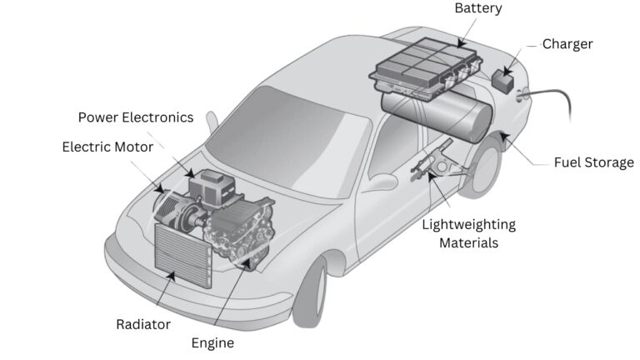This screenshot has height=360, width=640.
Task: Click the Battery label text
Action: (477, 8)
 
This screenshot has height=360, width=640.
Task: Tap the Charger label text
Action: (567, 43)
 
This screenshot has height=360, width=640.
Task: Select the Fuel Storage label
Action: (593, 162)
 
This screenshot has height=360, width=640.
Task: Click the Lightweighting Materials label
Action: (468, 233)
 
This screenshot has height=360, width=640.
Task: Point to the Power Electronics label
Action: (135, 117)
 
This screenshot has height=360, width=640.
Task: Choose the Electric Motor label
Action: (107, 147)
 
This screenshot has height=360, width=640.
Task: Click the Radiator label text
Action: (143, 324)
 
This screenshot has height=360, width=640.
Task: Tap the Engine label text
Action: (212, 342)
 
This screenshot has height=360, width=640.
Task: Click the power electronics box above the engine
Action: (212, 188)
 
